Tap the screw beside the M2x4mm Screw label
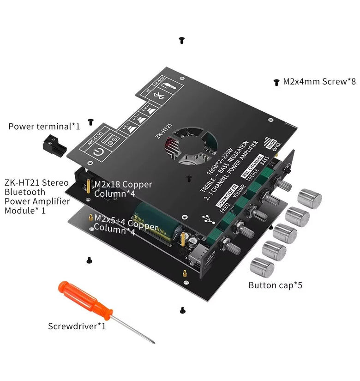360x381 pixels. (x=276, y=82)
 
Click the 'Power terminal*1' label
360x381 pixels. (x=44, y=126)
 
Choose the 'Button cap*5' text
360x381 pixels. (x=275, y=285)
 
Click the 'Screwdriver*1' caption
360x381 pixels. (x=77, y=326)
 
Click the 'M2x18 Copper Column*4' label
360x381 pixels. (x=123, y=189)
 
